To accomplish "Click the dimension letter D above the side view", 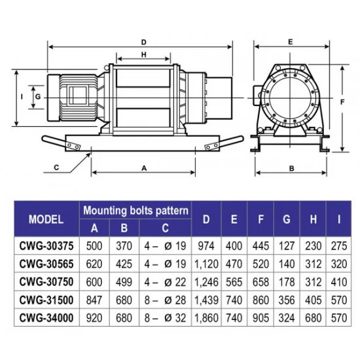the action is (x=144, y=43).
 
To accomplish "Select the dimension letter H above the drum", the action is (x=144, y=54).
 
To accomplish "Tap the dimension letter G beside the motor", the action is (x=38, y=97).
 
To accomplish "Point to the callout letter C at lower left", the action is (x=56, y=168).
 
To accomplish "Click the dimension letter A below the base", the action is (x=144, y=168).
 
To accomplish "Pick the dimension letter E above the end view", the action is (x=291, y=43).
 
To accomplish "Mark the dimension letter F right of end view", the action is (x=342, y=102).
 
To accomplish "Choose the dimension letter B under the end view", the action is (x=291, y=168).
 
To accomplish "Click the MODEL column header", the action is (x=46, y=219).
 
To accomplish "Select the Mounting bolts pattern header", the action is (x=135, y=210).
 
